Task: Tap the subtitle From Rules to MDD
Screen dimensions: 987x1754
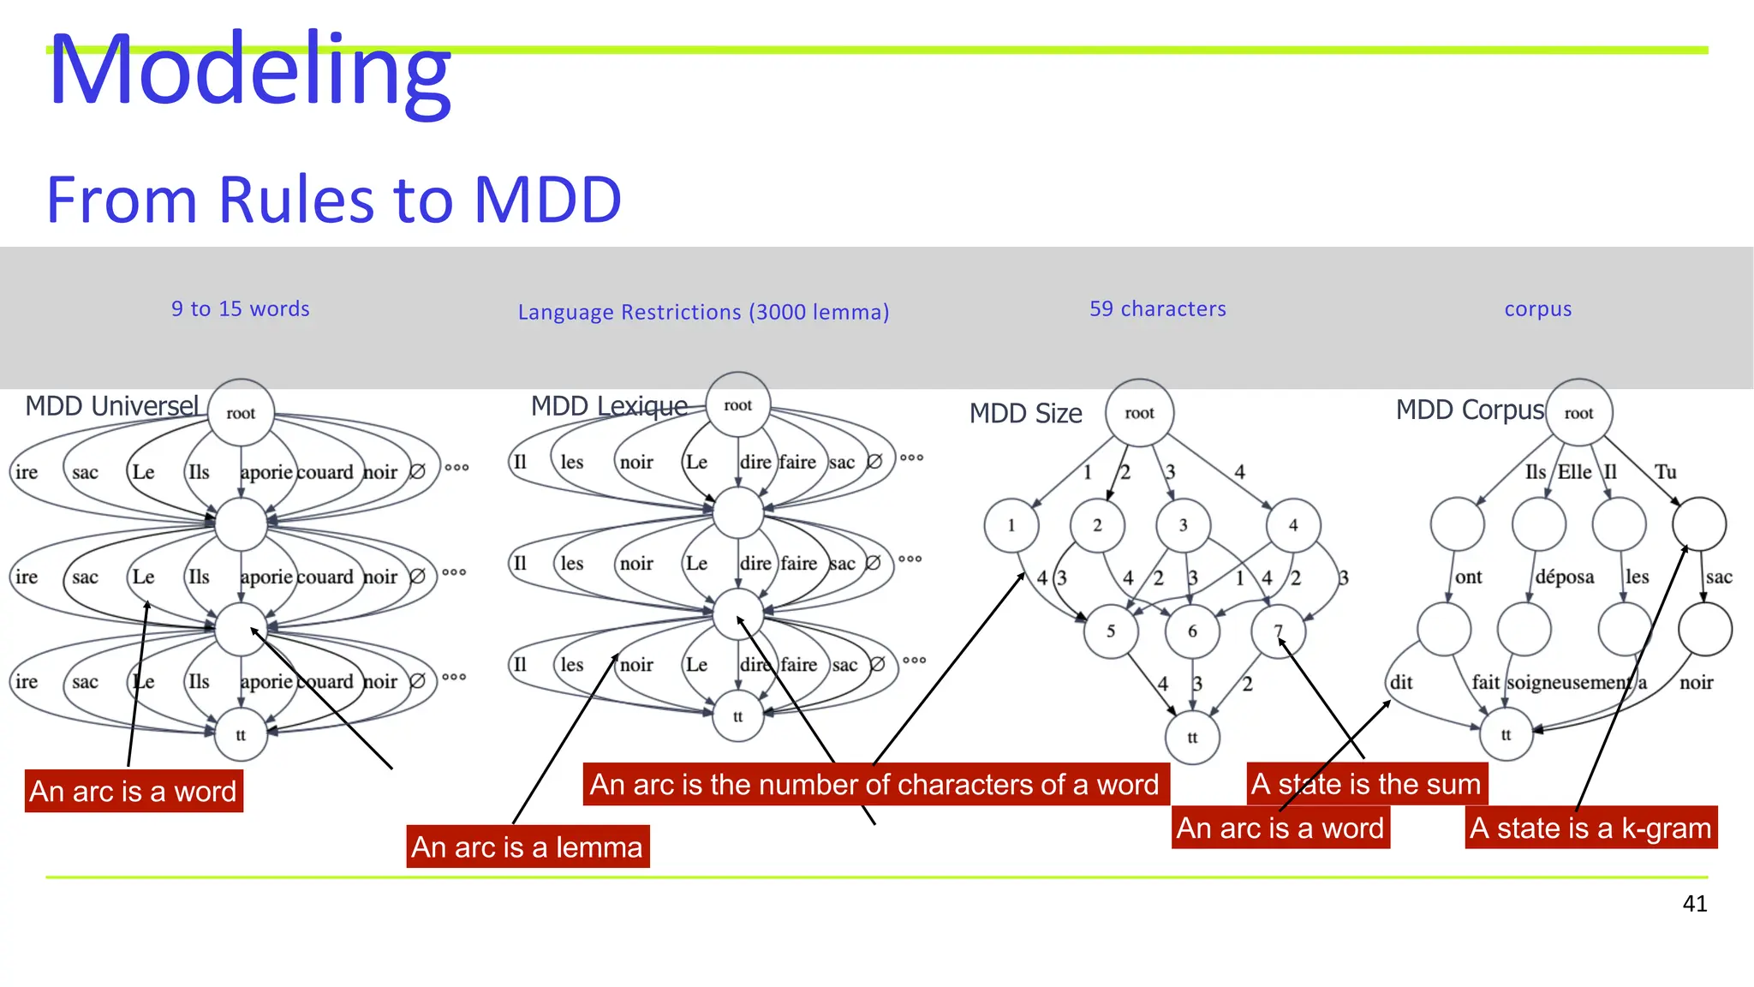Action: pyautogui.click(x=333, y=200)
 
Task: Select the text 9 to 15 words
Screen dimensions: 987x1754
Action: pyautogui.click(x=240, y=308)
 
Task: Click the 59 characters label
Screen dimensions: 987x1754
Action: pyautogui.click(x=1157, y=308)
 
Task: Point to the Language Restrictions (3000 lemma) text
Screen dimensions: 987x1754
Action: pyautogui.click(x=703, y=312)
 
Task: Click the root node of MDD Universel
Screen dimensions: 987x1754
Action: pyautogui.click(x=241, y=413)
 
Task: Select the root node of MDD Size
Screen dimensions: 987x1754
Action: pyautogui.click(x=1139, y=413)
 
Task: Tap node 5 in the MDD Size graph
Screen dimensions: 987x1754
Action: pyautogui.click(x=1110, y=631)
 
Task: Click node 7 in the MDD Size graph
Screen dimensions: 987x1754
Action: pyautogui.click(x=1278, y=631)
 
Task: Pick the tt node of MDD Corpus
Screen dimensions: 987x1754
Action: pyautogui.click(x=1506, y=734)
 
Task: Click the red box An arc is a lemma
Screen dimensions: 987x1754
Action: pyautogui.click(x=527, y=846)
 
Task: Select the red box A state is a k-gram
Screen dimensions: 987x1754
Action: pyautogui.click(x=1590, y=828)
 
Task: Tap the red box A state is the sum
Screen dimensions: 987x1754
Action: pyautogui.click(x=1366, y=784)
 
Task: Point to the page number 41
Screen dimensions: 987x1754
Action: pyautogui.click(x=1694, y=903)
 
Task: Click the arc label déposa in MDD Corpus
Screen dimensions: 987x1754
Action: pyautogui.click(x=1564, y=577)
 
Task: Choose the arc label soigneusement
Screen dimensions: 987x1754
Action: pyautogui.click(x=1568, y=683)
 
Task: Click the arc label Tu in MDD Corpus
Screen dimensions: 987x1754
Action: pyautogui.click(x=1665, y=472)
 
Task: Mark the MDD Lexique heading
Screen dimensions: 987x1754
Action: pyautogui.click(x=609, y=406)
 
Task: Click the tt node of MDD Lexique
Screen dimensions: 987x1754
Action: pyautogui.click(x=737, y=716)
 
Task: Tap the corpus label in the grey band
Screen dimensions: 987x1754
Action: pyautogui.click(x=1537, y=308)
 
